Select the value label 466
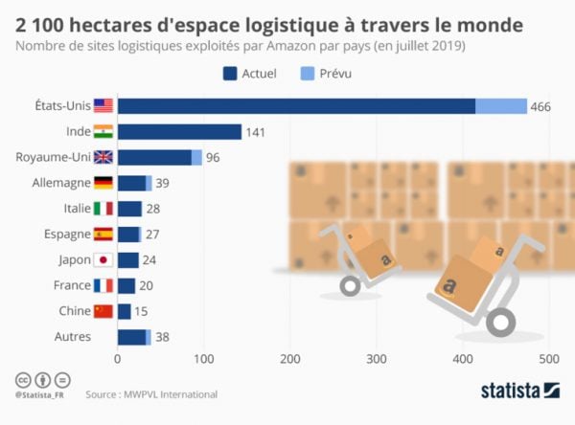pos(541,106)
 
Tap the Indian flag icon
pos(103,132)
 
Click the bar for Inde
pos(179,132)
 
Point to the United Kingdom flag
pos(103,157)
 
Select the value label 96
pos(214,157)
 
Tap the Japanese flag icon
pos(103,259)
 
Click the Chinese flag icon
pos(103,310)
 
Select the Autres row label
pos(74,336)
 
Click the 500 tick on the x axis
pos(548,360)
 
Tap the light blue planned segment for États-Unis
pos(501,106)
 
